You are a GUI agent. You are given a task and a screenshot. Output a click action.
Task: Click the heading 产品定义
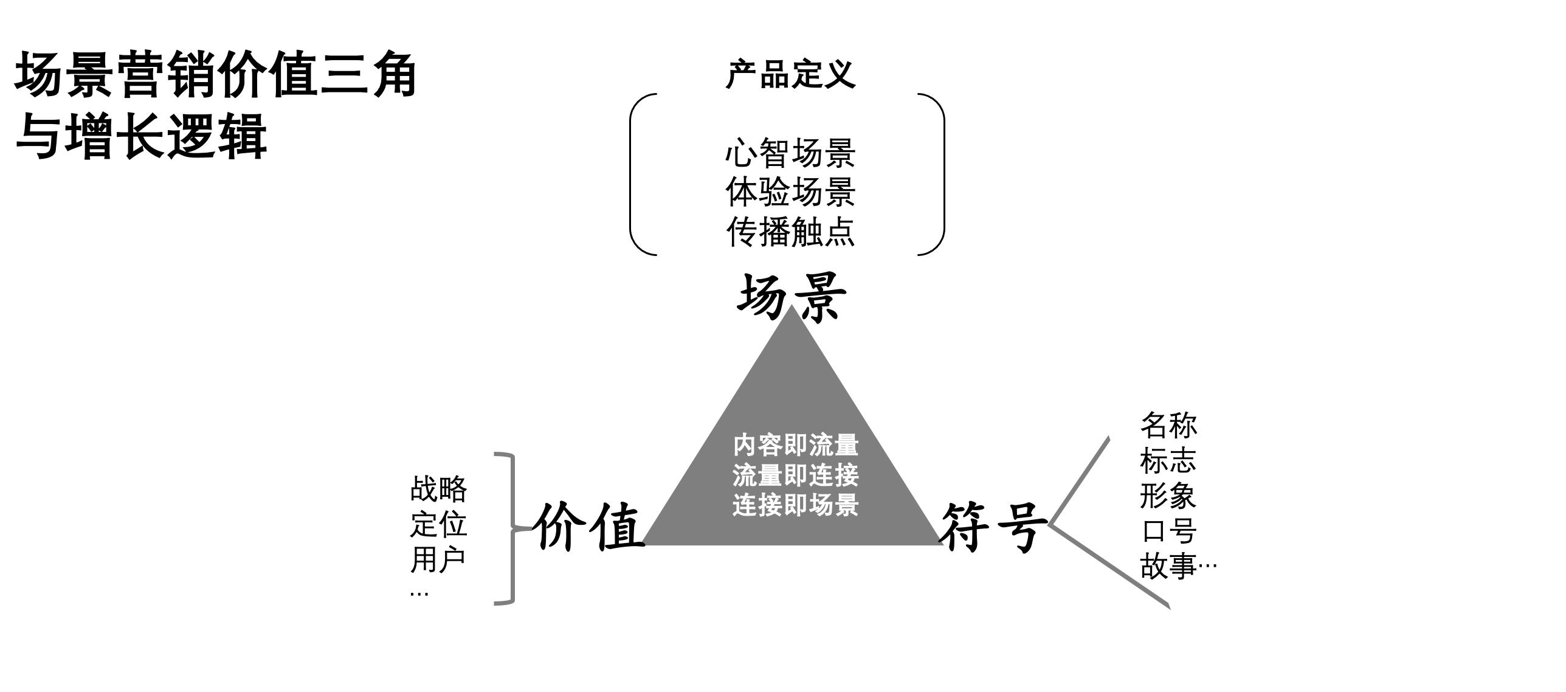[790, 75]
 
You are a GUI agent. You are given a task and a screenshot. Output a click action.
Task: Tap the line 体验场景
[790, 192]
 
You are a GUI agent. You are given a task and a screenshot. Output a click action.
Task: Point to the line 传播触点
[790, 231]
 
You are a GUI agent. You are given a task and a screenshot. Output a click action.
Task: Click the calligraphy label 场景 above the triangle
[792, 297]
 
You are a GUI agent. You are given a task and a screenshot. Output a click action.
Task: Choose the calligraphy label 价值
[588, 527]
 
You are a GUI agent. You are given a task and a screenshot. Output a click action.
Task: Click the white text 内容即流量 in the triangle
[795, 445]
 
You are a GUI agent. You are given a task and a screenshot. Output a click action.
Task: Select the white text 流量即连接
[795, 475]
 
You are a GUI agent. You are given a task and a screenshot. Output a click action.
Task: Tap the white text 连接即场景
[795, 505]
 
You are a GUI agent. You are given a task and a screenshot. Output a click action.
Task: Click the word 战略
[438, 489]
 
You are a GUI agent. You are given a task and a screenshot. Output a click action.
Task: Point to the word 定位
[438, 524]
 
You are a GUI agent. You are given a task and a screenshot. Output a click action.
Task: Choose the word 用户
[438, 559]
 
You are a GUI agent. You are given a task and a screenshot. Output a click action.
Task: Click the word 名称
[1168, 425]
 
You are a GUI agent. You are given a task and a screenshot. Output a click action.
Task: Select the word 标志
[1168, 460]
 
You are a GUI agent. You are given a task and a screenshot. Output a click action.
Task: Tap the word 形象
[1168, 496]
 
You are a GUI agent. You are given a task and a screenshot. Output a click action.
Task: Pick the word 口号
[1168, 531]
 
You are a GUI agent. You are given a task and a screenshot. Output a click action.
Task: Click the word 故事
[1168, 566]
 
